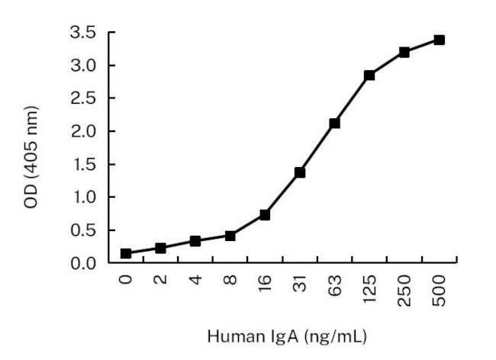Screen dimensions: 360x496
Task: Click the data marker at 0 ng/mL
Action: click(126, 253)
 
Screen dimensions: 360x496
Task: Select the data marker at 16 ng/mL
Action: click(265, 215)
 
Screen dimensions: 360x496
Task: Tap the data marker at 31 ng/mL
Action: click(300, 172)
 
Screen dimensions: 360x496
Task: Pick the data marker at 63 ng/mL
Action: click(334, 123)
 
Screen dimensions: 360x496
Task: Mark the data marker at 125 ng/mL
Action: click(369, 76)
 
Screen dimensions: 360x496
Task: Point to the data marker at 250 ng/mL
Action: click(404, 52)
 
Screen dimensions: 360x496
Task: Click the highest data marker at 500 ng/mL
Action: click(439, 40)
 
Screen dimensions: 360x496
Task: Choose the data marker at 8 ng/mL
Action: click(230, 236)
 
